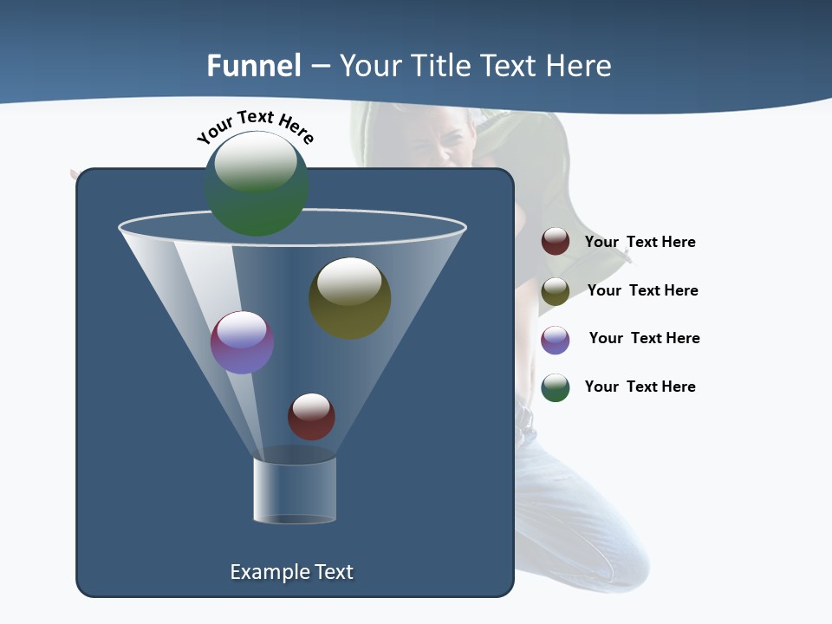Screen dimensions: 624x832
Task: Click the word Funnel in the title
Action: tap(254, 65)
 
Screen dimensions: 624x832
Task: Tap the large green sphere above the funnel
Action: tap(257, 183)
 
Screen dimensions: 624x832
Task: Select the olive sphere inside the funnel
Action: tap(350, 297)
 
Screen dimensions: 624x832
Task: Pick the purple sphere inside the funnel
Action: tap(242, 341)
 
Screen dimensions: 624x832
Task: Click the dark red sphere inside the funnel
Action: tap(311, 416)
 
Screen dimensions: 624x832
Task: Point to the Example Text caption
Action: tap(291, 572)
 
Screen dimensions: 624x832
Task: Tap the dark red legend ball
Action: tap(556, 242)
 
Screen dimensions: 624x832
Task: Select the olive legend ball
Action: tap(556, 291)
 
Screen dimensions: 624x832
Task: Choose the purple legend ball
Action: tap(556, 340)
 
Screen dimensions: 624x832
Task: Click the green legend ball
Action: tap(556, 387)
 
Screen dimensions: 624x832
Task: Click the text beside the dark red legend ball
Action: tap(640, 242)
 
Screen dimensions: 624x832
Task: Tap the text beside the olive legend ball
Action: tap(642, 290)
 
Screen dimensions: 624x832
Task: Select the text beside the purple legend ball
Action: tap(644, 338)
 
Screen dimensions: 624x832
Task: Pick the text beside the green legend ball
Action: tap(640, 387)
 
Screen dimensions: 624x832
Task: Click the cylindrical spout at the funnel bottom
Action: tap(295, 491)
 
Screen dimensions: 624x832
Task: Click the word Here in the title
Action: tap(580, 65)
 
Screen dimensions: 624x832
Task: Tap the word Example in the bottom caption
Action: tap(265, 572)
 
